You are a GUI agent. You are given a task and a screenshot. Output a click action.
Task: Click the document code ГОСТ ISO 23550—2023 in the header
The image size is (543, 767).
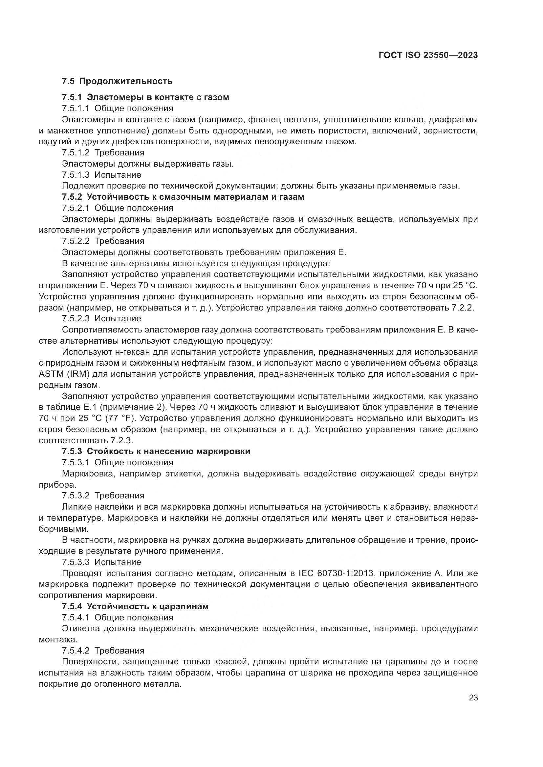pos(428,55)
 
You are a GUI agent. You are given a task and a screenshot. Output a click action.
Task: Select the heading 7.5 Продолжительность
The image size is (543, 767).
pos(117,81)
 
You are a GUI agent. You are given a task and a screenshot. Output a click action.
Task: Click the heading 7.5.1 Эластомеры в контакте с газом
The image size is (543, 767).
pos(145,97)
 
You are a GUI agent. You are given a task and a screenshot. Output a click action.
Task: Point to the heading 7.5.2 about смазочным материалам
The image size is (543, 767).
pos(183,197)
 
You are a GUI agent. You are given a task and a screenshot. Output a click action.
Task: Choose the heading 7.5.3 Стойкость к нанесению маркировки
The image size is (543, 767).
pos(156,451)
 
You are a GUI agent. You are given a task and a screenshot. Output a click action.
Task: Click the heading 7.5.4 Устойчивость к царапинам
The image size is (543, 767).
pos(135,606)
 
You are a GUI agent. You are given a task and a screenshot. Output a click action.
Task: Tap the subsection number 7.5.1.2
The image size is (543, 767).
pos(76,153)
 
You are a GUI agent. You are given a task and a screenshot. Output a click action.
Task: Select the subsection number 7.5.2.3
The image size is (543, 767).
pos(76,318)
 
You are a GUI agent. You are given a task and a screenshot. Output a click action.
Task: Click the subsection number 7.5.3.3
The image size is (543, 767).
pos(76,562)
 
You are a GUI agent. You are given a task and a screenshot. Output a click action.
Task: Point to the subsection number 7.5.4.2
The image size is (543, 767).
pos(76,650)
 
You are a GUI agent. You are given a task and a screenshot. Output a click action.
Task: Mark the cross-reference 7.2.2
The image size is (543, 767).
pos(463,308)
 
